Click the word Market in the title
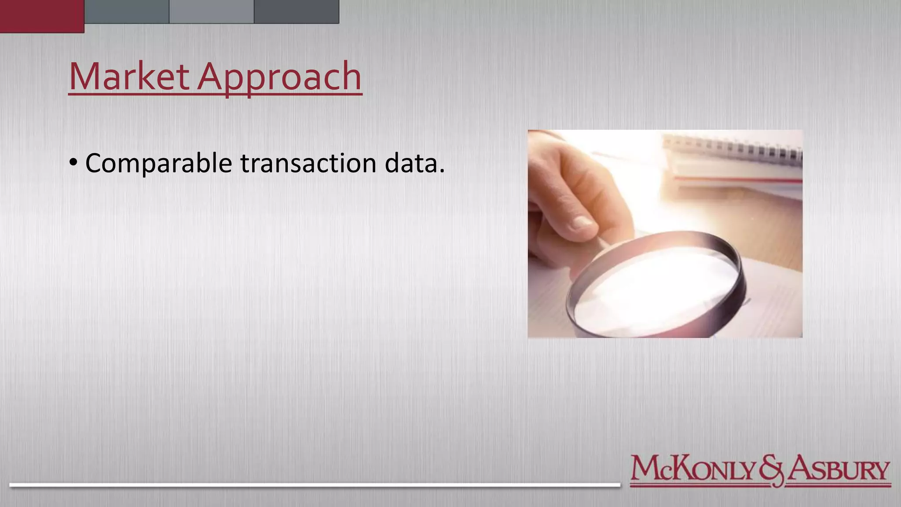[x=128, y=77]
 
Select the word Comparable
[x=158, y=163]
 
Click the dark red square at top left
[x=42, y=16]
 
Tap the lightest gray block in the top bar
[x=212, y=11]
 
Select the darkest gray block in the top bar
[x=297, y=11]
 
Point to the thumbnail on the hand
[x=582, y=223]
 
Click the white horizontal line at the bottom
[x=315, y=485]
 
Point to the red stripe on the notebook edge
[x=739, y=179]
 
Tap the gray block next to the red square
[x=127, y=11]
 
